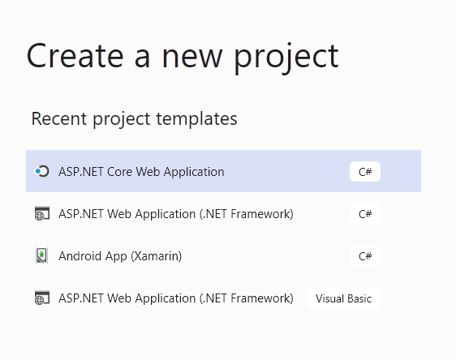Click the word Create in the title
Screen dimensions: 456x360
[x=75, y=56]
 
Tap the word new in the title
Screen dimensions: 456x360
[x=192, y=59]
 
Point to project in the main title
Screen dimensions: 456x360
[x=286, y=58]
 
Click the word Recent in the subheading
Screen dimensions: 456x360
[x=59, y=118]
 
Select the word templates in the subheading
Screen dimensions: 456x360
[x=196, y=118]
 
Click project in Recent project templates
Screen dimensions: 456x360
[x=122, y=119]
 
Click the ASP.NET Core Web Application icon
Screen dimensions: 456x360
[x=42, y=171]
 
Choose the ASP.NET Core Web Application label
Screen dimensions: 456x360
[x=141, y=172]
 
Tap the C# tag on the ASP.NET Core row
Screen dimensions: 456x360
[x=365, y=172]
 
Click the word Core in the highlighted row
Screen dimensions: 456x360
[x=120, y=172]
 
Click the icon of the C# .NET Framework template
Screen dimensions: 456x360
[x=42, y=213]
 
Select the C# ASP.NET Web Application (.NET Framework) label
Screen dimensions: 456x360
[x=176, y=214]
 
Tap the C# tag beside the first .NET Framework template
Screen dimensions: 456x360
[x=365, y=214]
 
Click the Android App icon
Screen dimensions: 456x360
[x=41, y=255]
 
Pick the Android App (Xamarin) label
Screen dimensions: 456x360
[x=120, y=256]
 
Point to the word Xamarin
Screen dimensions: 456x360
[x=157, y=256]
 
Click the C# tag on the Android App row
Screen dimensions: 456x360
[x=365, y=256]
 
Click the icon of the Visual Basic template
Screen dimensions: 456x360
[x=42, y=298]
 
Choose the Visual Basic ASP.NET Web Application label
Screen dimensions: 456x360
[x=176, y=298]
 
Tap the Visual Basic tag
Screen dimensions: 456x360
[x=343, y=298]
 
